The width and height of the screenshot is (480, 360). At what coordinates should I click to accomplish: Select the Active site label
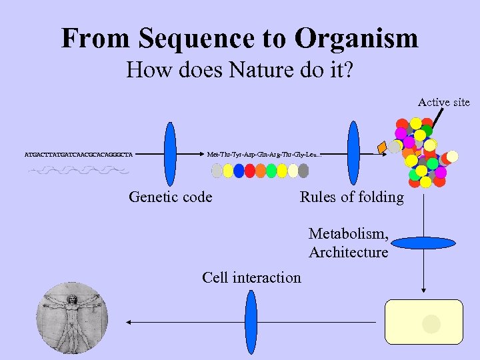click(443, 102)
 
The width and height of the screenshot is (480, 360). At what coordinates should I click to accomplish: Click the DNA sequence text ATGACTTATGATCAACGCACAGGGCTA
click(78, 155)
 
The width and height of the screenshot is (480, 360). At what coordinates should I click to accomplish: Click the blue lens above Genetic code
click(170, 154)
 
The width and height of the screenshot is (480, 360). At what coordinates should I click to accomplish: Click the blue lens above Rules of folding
click(353, 153)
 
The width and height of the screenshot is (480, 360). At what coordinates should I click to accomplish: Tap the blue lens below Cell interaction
click(251, 322)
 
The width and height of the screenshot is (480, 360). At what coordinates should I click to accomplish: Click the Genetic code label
click(170, 197)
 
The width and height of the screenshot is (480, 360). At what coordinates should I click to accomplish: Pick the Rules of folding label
click(351, 197)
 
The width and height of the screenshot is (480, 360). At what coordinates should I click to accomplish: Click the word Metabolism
click(347, 234)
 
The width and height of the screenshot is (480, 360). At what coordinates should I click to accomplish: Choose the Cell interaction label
click(251, 277)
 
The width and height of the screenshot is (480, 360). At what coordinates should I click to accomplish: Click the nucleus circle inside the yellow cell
click(431, 324)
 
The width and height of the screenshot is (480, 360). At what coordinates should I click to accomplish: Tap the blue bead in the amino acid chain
click(239, 171)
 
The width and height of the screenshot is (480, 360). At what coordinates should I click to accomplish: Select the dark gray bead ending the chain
click(303, 171)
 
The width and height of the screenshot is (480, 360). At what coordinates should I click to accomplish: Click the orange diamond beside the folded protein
click(382, 147)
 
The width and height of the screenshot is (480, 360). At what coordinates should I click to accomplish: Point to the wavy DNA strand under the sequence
click(78, 171)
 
